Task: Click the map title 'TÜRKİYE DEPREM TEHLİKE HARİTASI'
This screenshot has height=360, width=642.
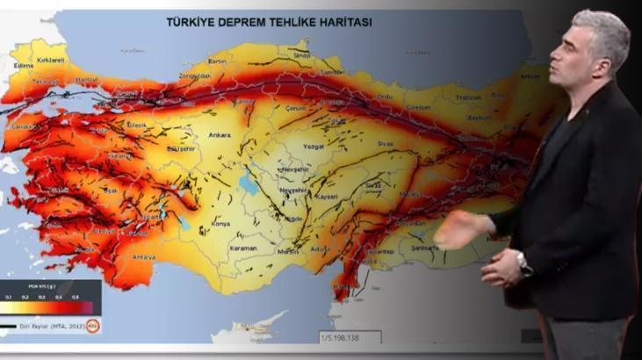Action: (x=268, y=21)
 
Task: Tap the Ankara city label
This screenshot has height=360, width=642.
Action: (x=220, y=135)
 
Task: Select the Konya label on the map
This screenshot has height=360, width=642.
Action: (x=220, y=223)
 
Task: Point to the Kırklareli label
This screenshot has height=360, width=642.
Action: (x=51, y=59)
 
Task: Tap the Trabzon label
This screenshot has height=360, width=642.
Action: (x=469, y=97)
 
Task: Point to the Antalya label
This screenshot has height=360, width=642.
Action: (x=142, y=257)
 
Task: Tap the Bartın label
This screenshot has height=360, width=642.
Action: (x=219, y=61)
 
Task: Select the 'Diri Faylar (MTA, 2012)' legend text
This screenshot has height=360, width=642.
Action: (x=54, y=326)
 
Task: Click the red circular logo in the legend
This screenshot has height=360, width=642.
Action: (x=92, y=326)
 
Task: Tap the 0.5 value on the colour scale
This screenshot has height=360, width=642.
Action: (x=75, y=298)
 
